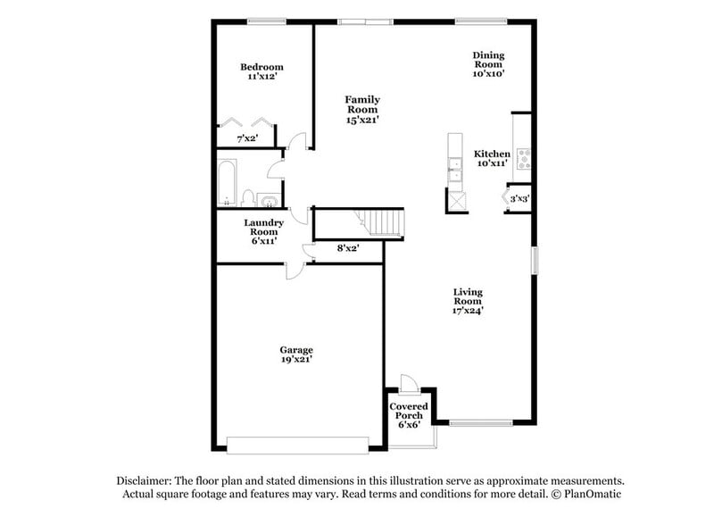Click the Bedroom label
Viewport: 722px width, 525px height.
261,72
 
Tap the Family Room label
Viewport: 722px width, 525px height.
362,109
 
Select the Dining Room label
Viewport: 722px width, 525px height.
488,65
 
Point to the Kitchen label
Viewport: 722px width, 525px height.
492,158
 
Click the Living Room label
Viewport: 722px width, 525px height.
468,302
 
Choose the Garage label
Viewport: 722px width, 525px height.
296,354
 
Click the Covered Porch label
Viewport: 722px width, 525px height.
410,415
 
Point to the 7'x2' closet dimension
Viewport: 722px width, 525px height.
247,139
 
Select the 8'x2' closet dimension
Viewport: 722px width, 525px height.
347,248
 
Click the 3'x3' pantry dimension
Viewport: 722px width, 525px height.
520,199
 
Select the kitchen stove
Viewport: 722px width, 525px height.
525,159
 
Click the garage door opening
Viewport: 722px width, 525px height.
297,444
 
